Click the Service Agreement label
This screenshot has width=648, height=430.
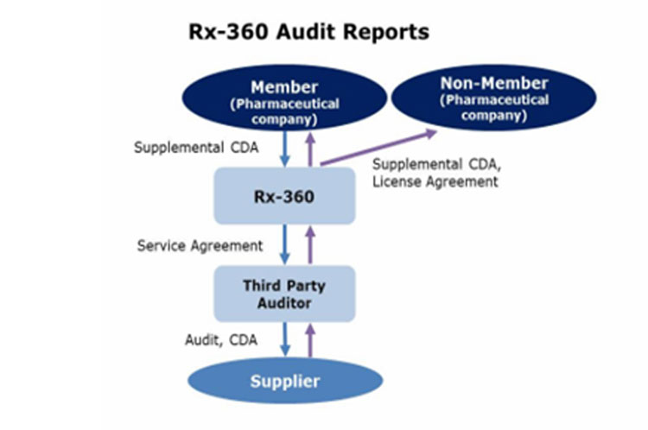(200, 245)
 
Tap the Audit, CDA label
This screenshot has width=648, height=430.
(221, 339)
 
